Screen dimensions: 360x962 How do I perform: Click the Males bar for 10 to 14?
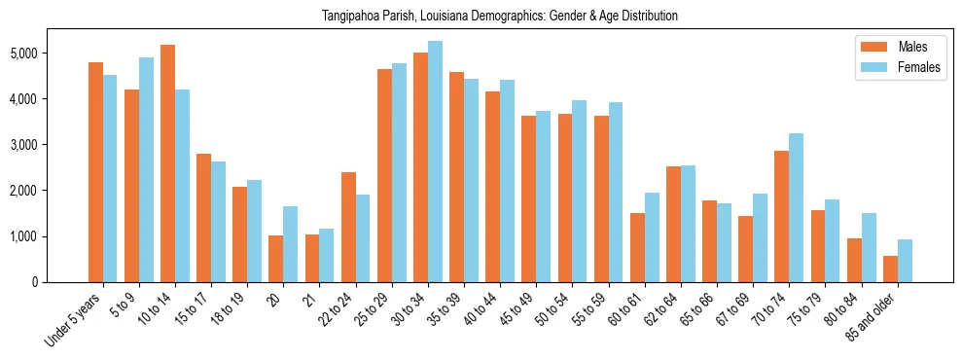coord(167,163)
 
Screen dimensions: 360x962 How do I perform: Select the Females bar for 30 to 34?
coord(435,162)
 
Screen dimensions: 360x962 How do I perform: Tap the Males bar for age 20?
coord(276,259)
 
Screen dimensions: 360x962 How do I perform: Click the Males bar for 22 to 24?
coord(348,227)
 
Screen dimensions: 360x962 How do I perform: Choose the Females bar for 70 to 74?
coord(796,207)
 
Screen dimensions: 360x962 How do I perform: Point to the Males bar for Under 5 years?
coord(95,172)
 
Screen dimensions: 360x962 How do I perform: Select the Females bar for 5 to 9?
coord(146,169)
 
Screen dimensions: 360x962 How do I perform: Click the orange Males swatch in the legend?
coord(871,47)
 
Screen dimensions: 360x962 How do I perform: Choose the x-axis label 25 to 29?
coord(375,306)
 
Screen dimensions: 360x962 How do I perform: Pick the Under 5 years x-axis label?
coord(74,320)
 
